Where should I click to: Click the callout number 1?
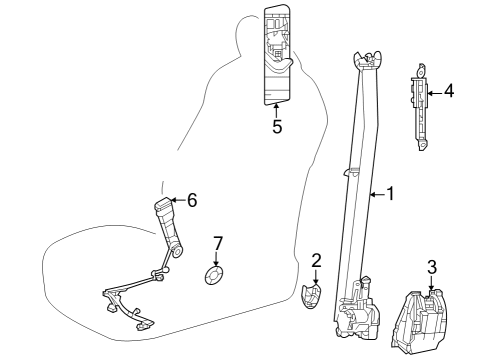coord(390,194)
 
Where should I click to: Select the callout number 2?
coord(316,260)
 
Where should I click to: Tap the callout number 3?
coord(432,267)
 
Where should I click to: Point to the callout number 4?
coord(449,91)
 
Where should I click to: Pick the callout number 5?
coord(277,127)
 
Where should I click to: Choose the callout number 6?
coord(192,200)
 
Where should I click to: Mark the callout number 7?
coord(218,244)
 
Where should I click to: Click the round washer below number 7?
coord(214,275)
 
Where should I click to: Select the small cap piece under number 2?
coord(311,296)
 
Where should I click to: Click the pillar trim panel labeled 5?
coord(277,55)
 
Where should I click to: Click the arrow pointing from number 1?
coord(377,194)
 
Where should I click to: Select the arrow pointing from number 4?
coord(435,93)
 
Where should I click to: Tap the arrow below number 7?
coord(217,259)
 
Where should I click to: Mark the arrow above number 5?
coord(276,111)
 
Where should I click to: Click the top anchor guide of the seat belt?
coord(367,60)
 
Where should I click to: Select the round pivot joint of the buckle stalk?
coord(177,252)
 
